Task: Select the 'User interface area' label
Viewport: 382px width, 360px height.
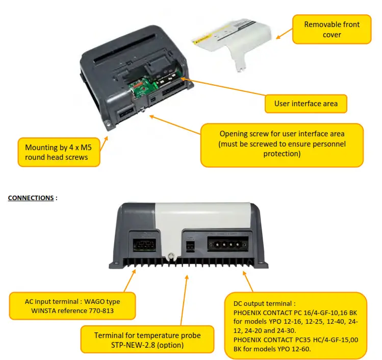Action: [x=305, y=104]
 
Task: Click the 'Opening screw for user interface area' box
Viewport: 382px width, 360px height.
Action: [x=282, y=145]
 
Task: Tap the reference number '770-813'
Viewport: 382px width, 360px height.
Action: [x=98, y=310]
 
